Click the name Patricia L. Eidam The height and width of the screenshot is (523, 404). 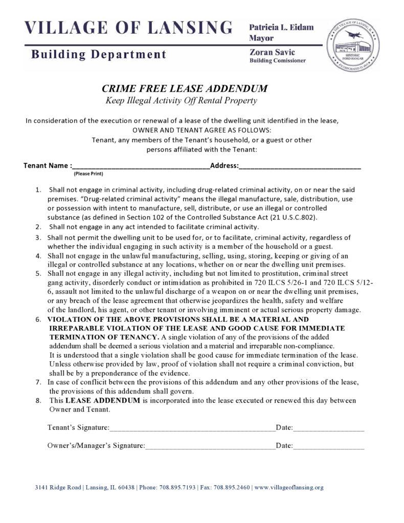click(x=281, y=27)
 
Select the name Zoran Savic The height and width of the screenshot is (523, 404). click(x=272, y=52)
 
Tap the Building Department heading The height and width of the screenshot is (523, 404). click(x=99, y=54)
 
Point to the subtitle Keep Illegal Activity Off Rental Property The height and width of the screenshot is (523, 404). click(x=181, y=100)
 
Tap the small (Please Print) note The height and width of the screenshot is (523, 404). click(x=88, y=174)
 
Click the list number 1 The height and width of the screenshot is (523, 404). click(x=38, y=190)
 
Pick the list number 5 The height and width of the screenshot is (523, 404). click(x=38, y=273)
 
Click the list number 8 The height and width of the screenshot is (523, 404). click(x=38, y=400)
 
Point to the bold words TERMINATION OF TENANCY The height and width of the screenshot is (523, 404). click(x=104, y=337)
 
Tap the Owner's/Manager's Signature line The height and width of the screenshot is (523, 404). click(x=210, y=446)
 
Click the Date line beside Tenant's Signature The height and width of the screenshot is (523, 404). click(x=328, y=428)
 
